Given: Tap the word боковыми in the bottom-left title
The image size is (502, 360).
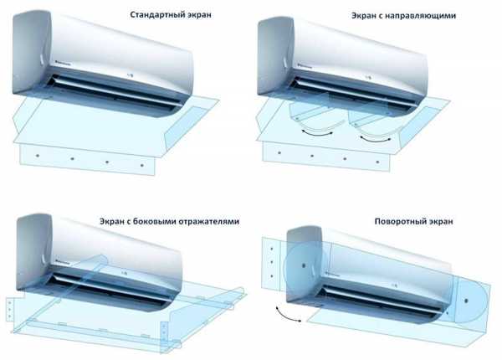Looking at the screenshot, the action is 154,221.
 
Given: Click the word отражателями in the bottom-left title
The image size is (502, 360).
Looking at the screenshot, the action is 209,222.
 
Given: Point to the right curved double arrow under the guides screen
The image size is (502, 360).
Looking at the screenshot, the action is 375,139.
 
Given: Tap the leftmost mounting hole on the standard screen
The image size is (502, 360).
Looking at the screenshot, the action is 38,156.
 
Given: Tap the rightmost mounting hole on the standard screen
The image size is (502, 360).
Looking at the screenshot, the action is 142,165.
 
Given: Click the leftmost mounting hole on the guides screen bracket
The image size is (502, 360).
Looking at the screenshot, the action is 279,152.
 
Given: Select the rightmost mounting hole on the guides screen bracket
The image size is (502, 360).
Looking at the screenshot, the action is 378,162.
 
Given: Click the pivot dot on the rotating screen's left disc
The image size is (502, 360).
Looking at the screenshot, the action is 304,265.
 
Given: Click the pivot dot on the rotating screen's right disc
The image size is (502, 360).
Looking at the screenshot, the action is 467,301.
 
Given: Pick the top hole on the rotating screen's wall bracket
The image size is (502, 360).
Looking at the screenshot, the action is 271,249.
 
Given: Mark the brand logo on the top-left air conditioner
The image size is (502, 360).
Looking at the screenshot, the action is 64,62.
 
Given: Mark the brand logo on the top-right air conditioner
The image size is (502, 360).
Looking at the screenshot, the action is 305,65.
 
